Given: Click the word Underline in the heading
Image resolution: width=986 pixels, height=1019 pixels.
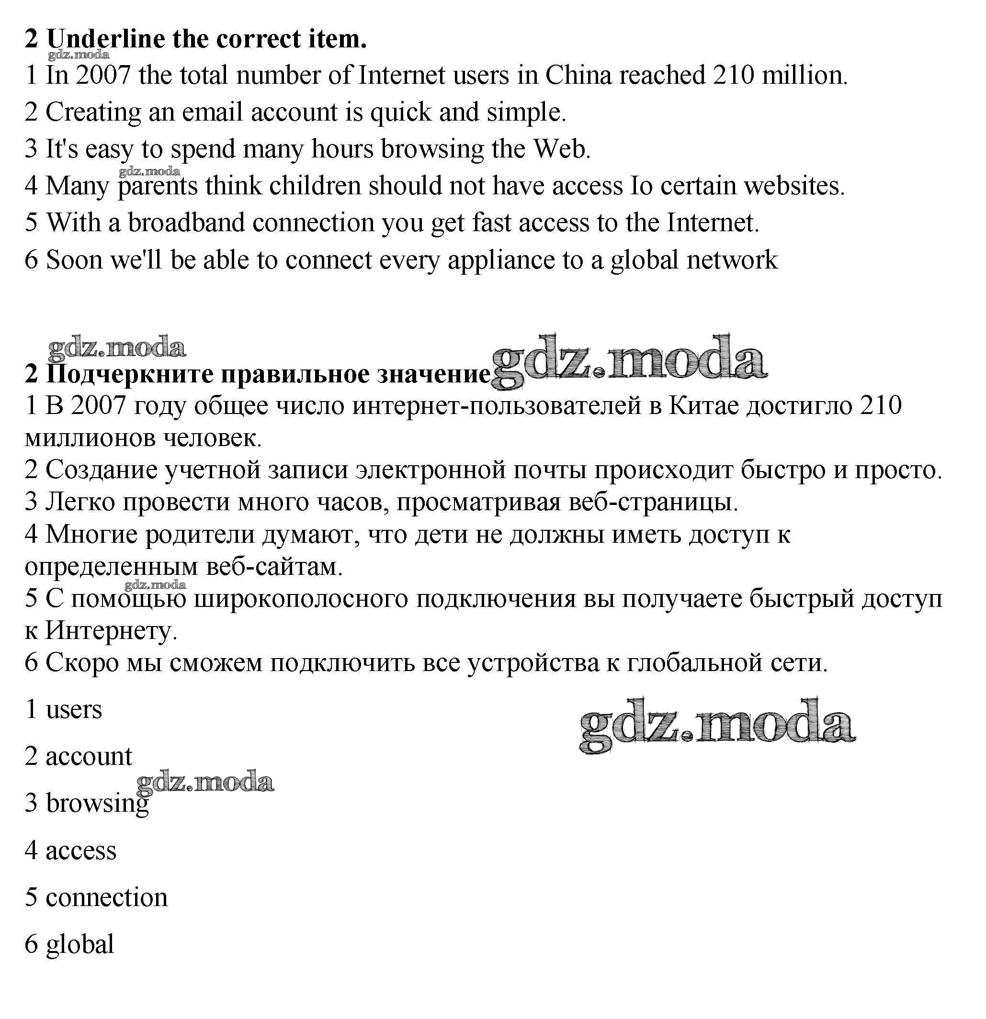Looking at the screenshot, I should point(105,39).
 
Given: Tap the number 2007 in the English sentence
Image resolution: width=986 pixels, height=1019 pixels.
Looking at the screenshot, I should point(103,76).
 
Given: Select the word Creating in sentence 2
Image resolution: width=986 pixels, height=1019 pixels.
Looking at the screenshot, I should point(93,113).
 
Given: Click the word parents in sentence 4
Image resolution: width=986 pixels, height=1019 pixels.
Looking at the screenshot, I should point(158,187).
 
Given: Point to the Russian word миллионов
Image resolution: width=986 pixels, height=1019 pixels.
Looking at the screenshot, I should point(90,438).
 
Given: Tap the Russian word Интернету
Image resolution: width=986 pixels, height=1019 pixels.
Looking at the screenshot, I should point(111,631).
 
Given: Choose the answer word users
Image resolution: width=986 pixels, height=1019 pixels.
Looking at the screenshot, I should point(74,709).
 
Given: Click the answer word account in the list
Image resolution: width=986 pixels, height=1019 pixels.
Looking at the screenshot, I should point(89,756).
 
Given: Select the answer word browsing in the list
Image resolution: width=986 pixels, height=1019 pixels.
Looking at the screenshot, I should point(97,804).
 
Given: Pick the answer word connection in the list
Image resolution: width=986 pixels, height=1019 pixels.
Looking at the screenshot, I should point(107,898).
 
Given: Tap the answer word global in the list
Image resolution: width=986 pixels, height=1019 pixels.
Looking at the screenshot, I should point(79,945).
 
